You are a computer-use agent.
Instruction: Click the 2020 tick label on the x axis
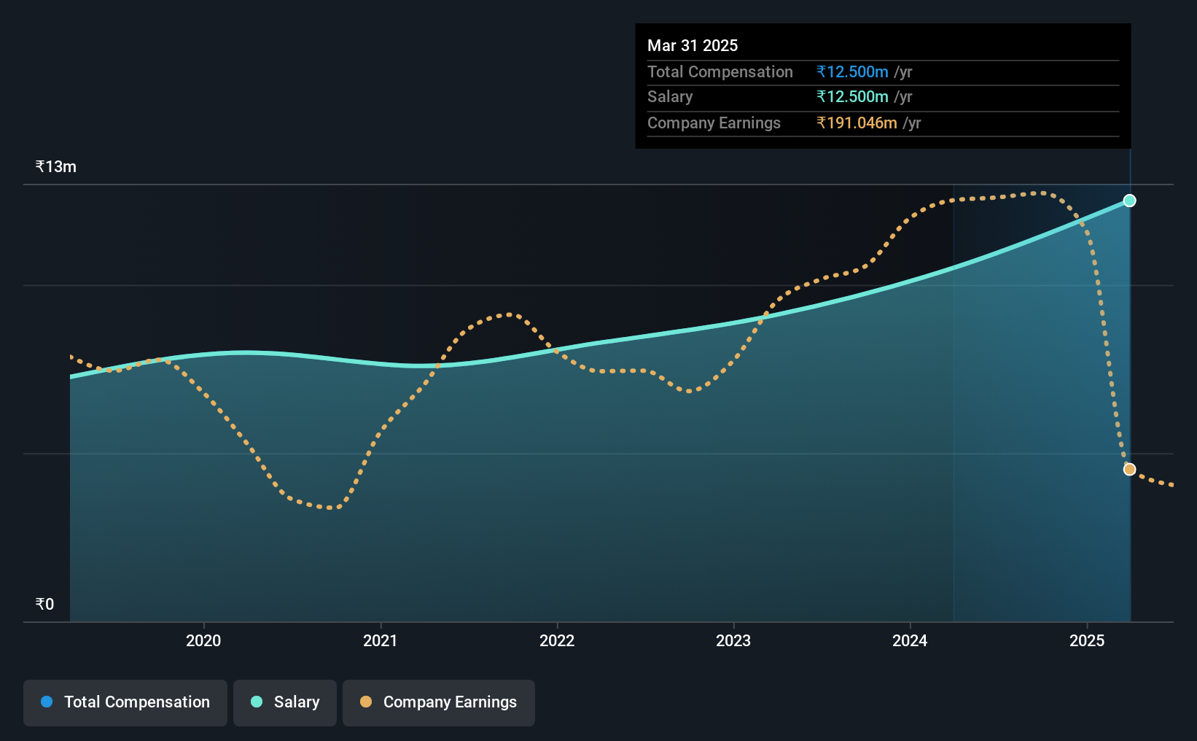pos(203,640)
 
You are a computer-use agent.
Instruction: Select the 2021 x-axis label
pos(380,640)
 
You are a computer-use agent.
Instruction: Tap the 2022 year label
pos(557,640)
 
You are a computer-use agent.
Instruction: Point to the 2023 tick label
pos(733,640)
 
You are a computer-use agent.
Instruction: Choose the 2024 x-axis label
pos(910,640)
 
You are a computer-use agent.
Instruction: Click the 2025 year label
pos(1087,640)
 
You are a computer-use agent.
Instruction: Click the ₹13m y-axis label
pos(55,167)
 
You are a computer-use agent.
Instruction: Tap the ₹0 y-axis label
pos(45,604)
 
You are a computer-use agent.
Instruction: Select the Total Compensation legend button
pos(125,702)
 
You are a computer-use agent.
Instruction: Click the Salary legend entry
pos(285,702)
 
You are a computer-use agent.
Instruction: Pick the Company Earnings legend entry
pos(439,702)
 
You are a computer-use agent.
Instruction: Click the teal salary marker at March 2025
pos(1129,201)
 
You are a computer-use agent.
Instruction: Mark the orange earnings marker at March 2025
pos(1129,470)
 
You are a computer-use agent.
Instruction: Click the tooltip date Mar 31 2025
pos(693,45)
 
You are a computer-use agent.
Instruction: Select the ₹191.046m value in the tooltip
pos(857,123)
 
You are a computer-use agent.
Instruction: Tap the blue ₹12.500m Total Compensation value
pos(852,71)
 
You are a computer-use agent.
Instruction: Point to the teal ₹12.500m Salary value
pos(852,97)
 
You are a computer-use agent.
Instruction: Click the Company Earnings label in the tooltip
pos(714,123)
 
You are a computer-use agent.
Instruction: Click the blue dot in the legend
pos(47,702)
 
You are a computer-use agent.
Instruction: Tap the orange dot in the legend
pos(366,702)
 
